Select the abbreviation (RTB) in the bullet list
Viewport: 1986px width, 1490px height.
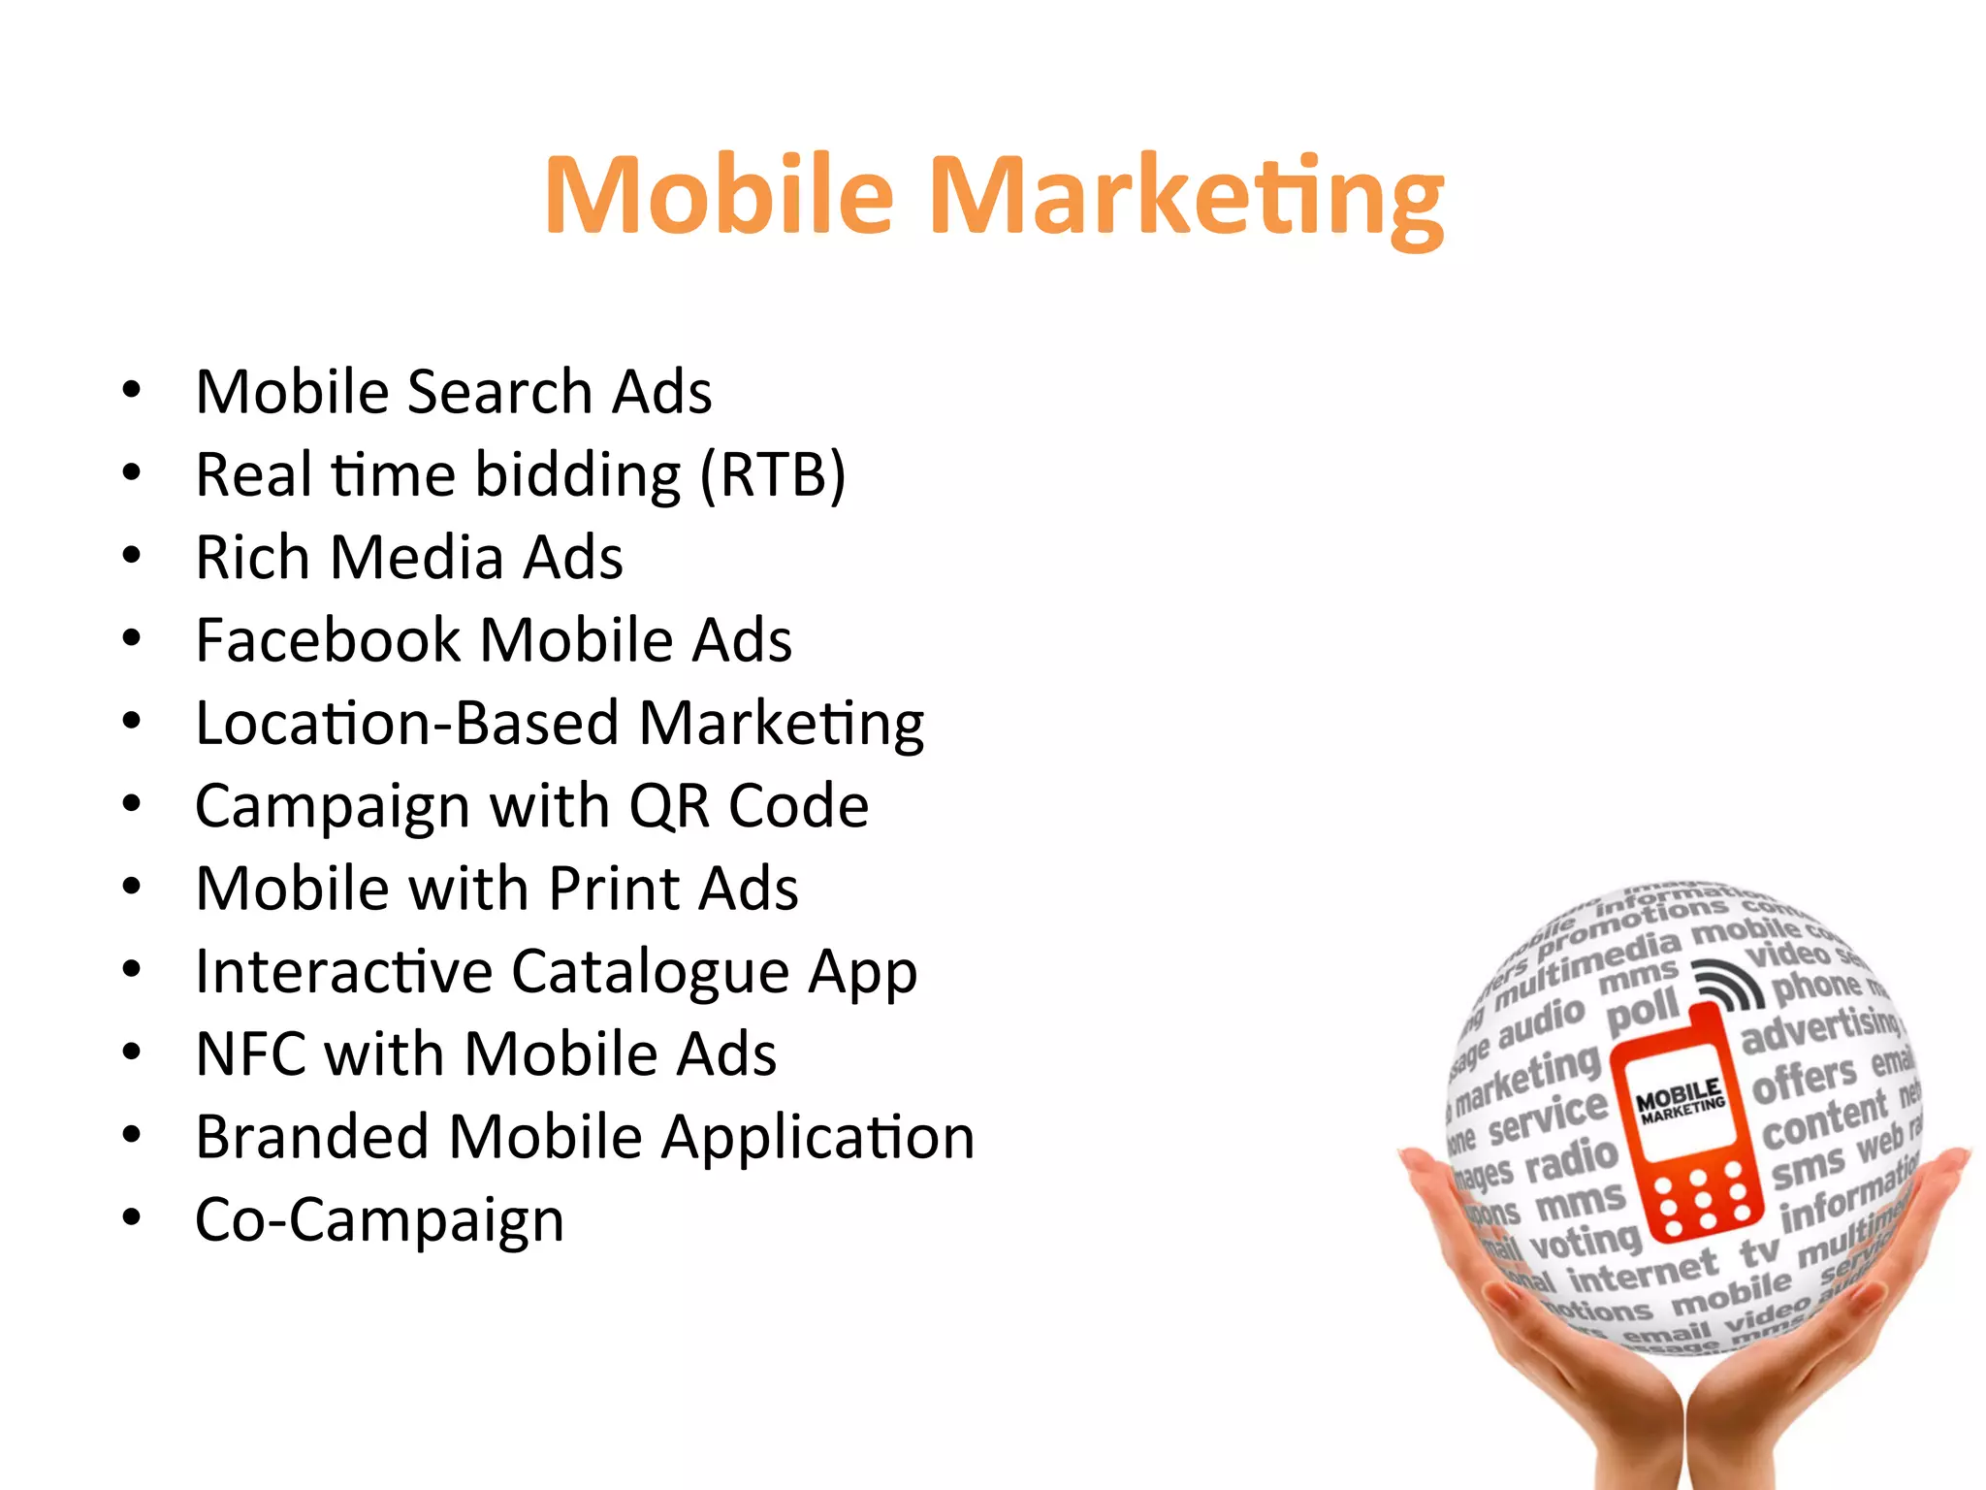point(773,475)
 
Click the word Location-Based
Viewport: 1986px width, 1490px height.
point(407,724)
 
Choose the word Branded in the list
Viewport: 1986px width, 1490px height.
point(311,1137)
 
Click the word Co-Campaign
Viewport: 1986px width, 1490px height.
point(379,1220)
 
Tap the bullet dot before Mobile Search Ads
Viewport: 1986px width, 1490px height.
point(132,391)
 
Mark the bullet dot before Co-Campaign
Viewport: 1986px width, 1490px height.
point(132,1218)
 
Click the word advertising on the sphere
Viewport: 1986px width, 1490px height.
point(1820,1028)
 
